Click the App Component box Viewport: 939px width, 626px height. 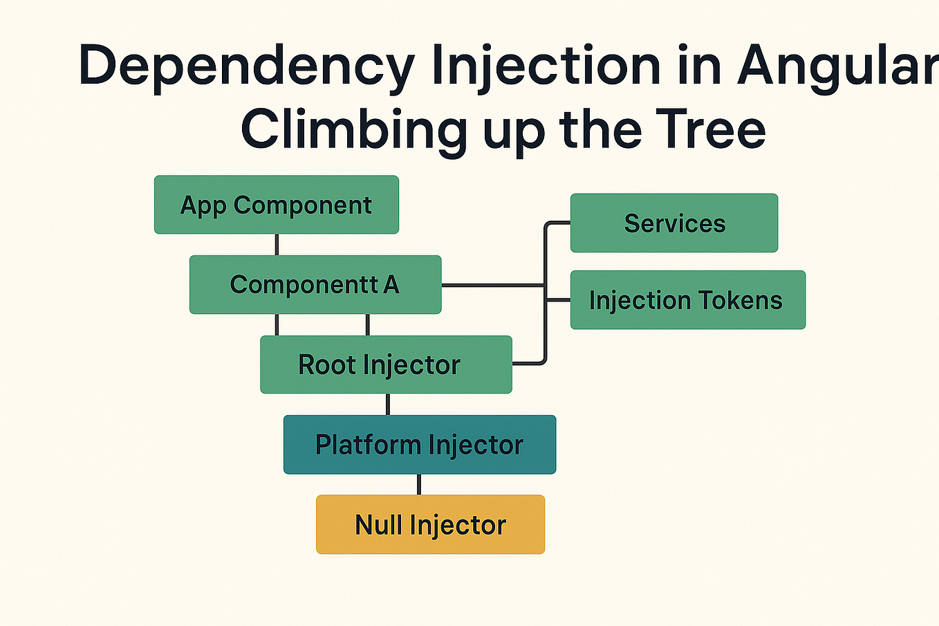(276, 205)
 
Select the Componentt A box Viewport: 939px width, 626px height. (315, 284)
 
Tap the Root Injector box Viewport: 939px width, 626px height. (386, 365)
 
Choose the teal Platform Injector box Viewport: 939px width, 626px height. (419, 444)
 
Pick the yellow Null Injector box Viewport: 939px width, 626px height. (430, 524)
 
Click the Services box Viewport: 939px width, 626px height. (674, 223)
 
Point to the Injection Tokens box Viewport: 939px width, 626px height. (687, 300)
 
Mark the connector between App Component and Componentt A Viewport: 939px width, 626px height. (277, 245)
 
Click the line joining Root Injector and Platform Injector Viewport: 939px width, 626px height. (387, 404)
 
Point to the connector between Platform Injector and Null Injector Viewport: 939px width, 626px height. (419, 484)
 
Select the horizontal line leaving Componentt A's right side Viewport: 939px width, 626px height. (491, 284)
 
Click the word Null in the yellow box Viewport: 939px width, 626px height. (379, 524)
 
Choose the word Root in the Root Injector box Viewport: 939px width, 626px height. (326, 365)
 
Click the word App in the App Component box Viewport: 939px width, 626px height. (203, 205)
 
